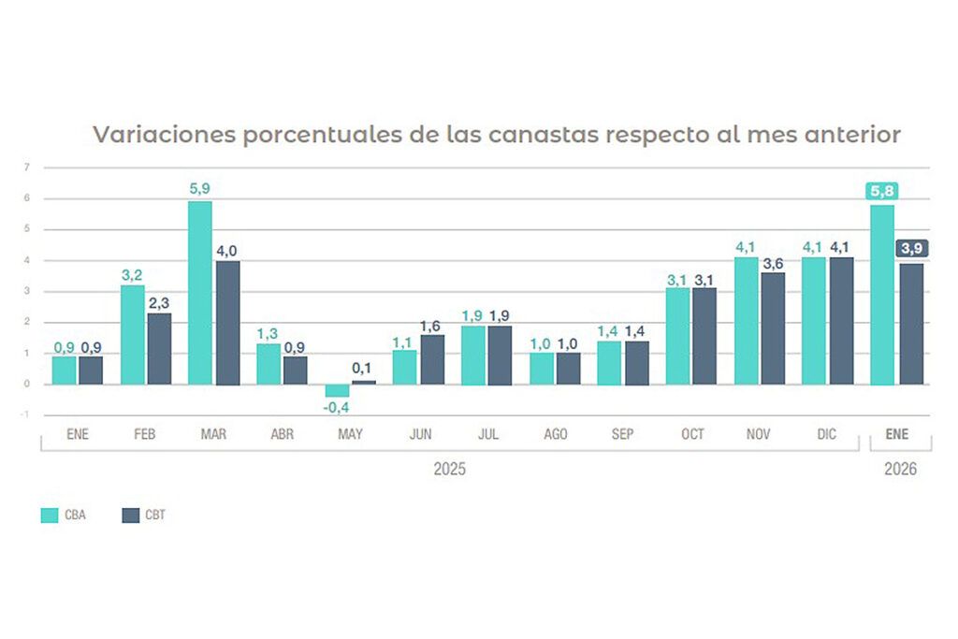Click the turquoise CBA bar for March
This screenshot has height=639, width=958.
[x=200, y=293]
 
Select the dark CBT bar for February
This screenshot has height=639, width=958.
[x=159, y=348]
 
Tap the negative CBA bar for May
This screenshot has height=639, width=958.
[x=337, y=391]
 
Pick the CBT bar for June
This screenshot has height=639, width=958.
[x=432, y=359]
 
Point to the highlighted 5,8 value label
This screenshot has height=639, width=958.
[x=881, y=192]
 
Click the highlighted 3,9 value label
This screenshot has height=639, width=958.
[x=911, y=248]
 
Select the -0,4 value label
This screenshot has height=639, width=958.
[x=337, y=408]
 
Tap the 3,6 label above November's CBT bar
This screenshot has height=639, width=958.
[x=773, y=264]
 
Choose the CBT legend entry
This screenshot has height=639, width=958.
[x=145, y=516]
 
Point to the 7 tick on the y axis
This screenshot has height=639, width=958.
[x=27, y=167]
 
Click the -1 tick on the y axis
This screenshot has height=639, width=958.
[x=26, y=415]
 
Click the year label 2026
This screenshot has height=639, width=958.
[x=900, y=469]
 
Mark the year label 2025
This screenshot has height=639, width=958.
[x=449, y=469]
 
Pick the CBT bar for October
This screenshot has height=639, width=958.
[x=704, y=336]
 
